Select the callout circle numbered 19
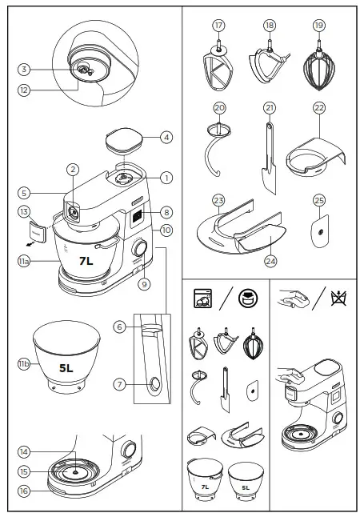[x=319, y=25]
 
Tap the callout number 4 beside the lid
[x=166, y=137]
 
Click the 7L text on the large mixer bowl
[x=86, y=261]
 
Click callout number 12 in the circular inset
[x=24, y=90]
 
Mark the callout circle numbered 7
[x=119, y=385]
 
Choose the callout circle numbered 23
[x=218, y=199]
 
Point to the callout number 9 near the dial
[x=145, y=283]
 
